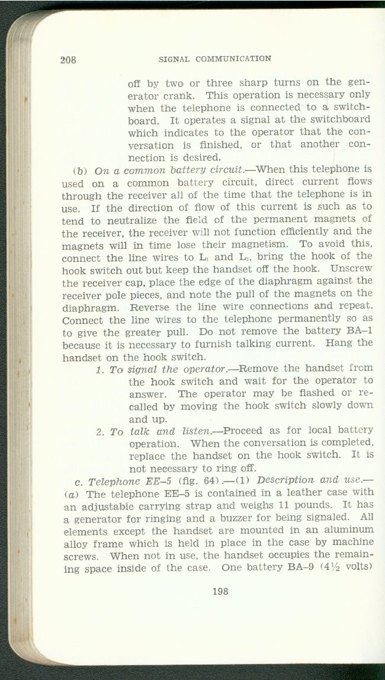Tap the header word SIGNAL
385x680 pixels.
(174, 59)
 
